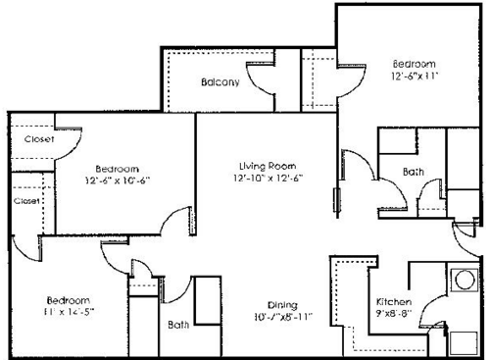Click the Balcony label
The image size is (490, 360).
point(220,82)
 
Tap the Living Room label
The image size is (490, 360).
point(267,166)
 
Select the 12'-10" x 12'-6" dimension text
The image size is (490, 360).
point(267,179)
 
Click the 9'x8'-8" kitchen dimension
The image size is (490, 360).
point(394,314)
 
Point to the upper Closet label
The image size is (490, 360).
point(38,140)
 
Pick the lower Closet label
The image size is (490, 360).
point(26,201)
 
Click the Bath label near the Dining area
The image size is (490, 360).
point(177,324)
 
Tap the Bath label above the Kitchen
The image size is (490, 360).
point(414,174)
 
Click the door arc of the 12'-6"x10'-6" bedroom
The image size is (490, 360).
point(176,221)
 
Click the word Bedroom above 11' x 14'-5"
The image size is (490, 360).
point(68,299)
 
